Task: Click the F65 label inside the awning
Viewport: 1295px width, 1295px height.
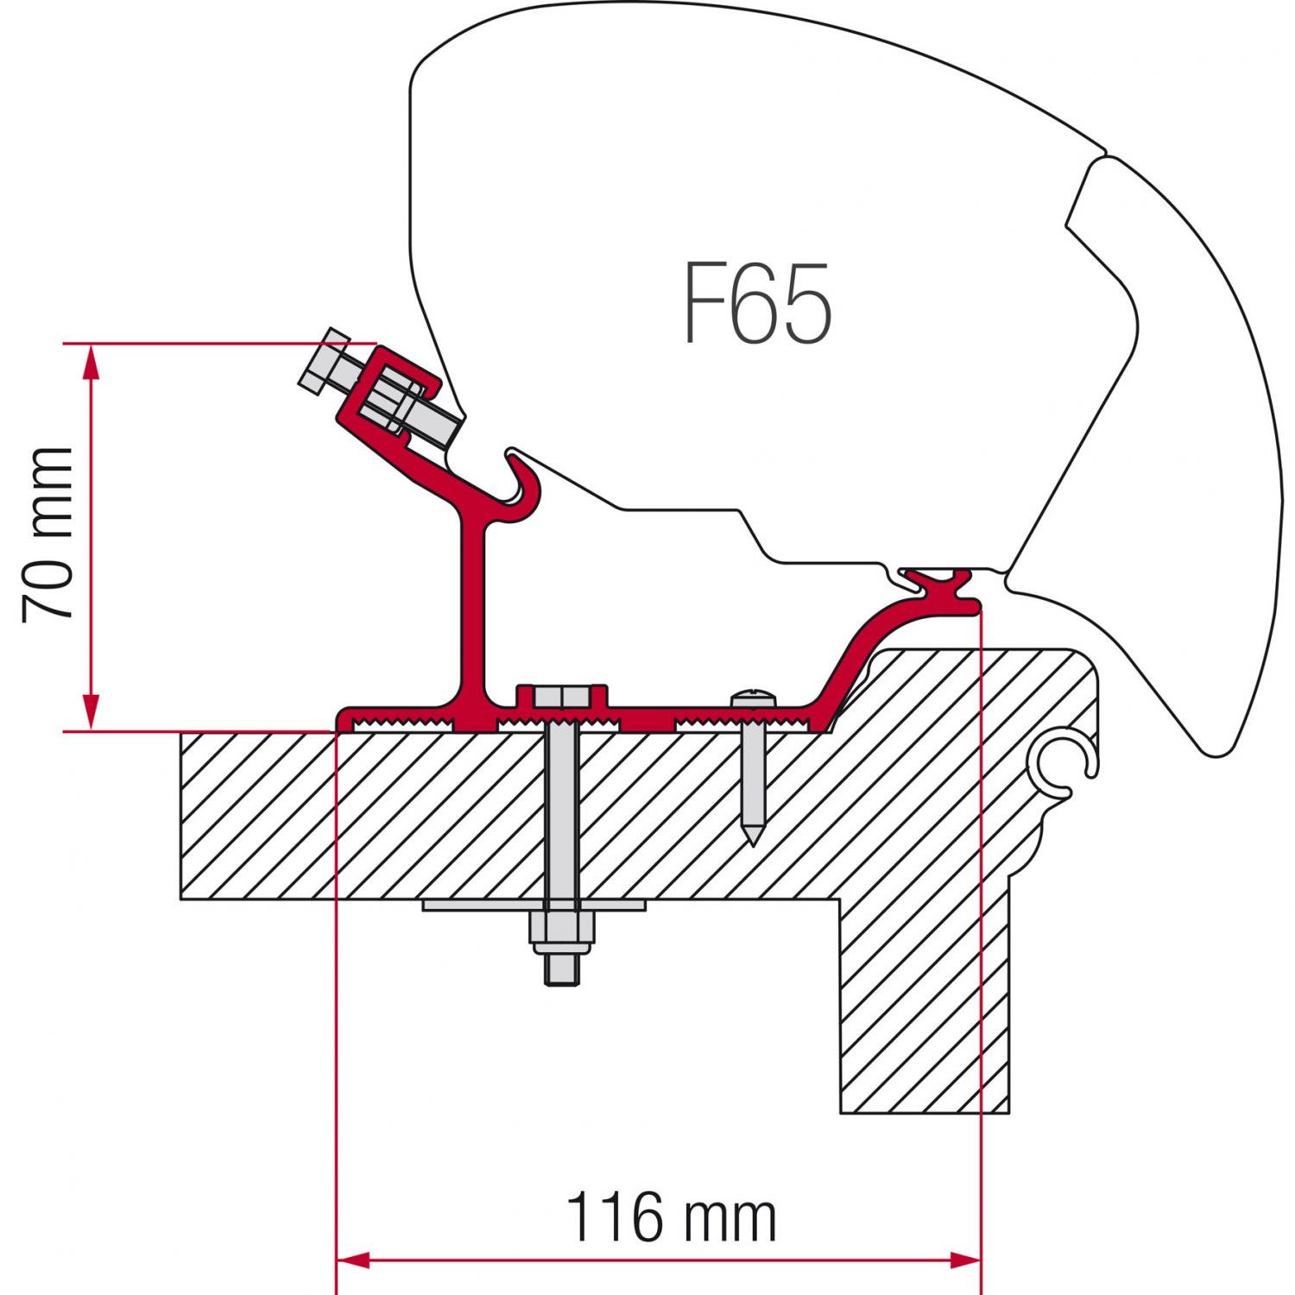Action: tap(758, 303)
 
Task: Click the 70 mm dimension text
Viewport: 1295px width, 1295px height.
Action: tap(47, 534)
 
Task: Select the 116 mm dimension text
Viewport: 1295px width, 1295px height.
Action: tap(672, 1218)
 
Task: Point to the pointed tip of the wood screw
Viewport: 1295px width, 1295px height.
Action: tap(753, 837)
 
